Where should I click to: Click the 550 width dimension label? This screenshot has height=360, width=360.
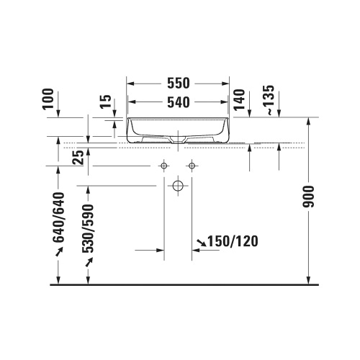click(179, 84)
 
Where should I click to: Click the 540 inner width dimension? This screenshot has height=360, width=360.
click(179, 102)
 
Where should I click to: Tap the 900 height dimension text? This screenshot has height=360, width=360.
click(308, 197)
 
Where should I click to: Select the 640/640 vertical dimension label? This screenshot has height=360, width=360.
click(59, 217)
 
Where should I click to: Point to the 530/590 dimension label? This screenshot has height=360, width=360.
click(88, 228)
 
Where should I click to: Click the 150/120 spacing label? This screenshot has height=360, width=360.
click(233, 241)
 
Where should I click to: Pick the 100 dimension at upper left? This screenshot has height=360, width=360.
click(48, 99)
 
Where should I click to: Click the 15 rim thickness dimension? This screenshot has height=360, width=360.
click(106, 102)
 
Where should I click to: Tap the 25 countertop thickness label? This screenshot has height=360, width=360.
click(78, 157)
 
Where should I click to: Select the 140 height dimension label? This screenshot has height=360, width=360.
click(240, 100)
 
